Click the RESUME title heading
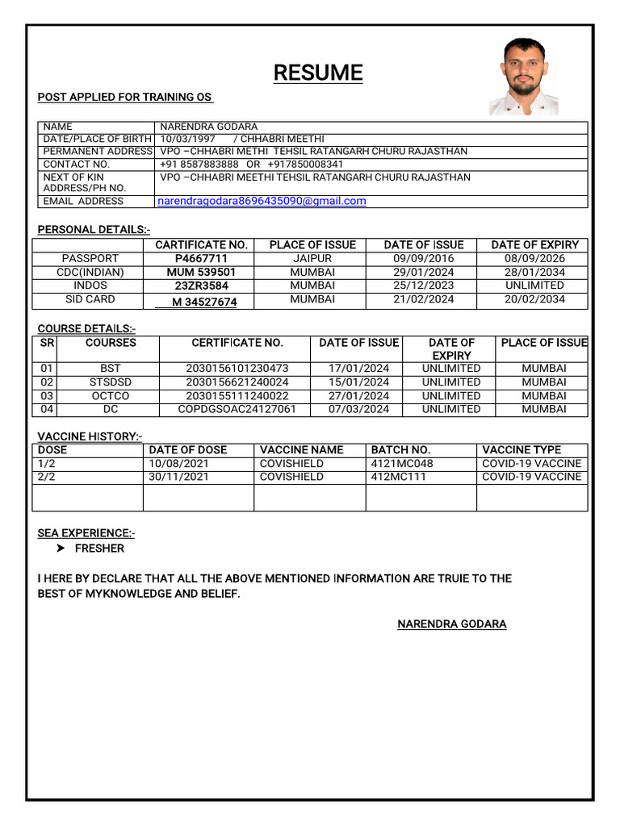coord(317,73)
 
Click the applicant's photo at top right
coord(524,77)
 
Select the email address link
coord(262,201)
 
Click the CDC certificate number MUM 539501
coord(201,273)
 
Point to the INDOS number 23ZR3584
coord(201,286)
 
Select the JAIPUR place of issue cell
coord(312,259)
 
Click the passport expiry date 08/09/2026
coord(534,259)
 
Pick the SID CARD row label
coord(90,299)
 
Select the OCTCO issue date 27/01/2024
coord(358,396)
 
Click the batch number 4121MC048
coord(401,464)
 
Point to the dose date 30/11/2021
coord(178,477)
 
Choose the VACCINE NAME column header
coord(301,450)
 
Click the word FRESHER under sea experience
coord(99,549)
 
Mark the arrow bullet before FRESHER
coord(61,549)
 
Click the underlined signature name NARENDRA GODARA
coord(451,624)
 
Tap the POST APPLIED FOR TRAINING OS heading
coord(124,98)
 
